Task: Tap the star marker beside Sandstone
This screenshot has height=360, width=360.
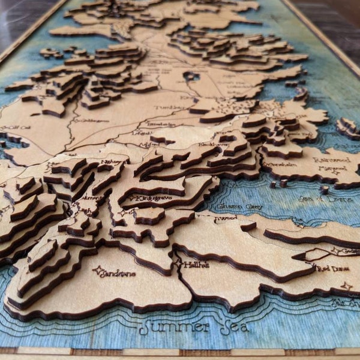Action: click(98, 271)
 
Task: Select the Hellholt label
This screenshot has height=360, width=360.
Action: click(196, 265)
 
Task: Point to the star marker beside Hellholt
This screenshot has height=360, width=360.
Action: click(178, 262)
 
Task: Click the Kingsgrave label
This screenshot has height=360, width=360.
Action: click(146, 198)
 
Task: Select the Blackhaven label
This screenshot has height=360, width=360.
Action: click(212, 144)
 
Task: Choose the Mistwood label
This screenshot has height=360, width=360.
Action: click(328, 169)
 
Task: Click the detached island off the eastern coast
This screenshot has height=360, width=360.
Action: click(347, 128)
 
